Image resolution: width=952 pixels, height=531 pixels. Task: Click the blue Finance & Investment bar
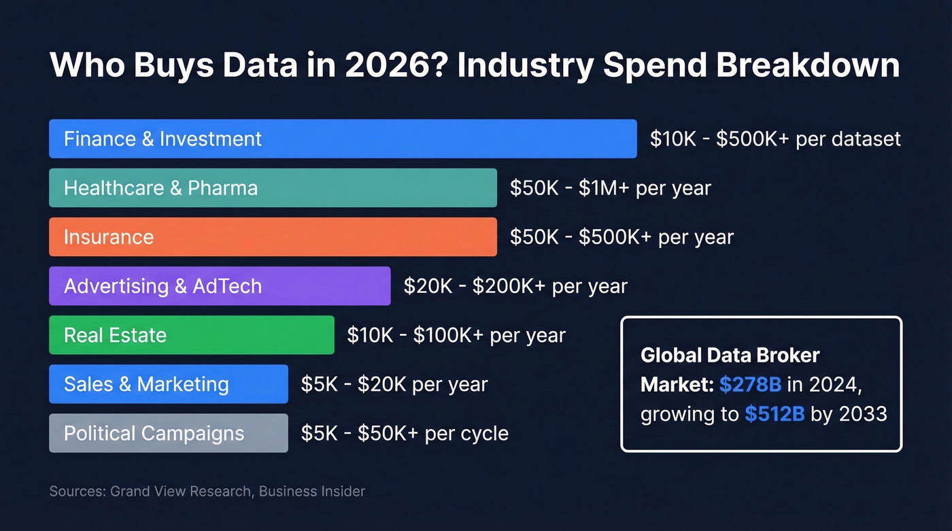343,139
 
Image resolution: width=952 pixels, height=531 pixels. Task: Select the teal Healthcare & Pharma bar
273,188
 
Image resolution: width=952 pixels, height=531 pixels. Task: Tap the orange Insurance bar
273,237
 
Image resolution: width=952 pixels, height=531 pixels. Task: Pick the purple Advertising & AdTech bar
220,286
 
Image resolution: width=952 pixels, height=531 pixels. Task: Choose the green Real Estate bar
192,335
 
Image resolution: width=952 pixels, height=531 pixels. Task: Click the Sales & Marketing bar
169,383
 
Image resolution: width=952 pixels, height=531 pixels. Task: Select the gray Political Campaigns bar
169,433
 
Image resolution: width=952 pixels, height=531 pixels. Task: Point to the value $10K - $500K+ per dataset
775,139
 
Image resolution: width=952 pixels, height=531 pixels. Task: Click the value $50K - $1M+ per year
610,188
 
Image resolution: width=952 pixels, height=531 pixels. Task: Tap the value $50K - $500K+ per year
622,237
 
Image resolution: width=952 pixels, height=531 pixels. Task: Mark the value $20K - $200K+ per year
515,286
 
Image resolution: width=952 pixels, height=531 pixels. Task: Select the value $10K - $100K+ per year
456,335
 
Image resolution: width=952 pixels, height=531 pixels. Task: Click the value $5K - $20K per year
394,383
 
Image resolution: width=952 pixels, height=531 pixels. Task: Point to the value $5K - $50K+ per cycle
405,433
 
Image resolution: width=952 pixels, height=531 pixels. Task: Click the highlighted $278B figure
750,385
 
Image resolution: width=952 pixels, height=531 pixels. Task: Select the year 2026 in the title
388,66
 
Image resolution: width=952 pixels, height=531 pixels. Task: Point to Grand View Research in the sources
181,491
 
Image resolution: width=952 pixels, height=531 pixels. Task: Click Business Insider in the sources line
312,491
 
